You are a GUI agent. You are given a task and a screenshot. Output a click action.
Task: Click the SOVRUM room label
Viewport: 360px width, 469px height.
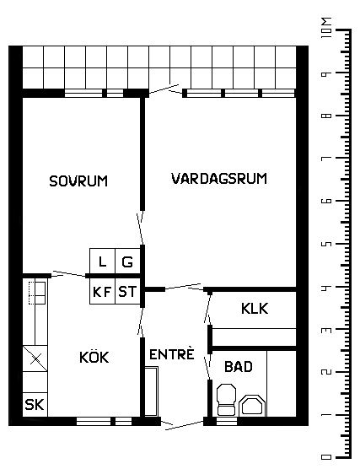coord(78,181)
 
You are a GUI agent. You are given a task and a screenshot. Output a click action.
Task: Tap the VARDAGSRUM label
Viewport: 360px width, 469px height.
coord(219,178)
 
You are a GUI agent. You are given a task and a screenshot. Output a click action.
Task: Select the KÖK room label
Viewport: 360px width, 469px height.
coord(94,356)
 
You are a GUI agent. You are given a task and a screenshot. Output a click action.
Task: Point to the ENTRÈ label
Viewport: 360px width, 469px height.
coord(172,353)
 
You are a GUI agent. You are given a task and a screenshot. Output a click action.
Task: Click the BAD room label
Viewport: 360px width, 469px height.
coord(239,366)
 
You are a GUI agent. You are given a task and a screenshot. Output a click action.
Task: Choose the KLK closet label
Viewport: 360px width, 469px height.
coord(255,309)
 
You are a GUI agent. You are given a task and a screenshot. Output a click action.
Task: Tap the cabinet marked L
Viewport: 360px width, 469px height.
coord(102,261)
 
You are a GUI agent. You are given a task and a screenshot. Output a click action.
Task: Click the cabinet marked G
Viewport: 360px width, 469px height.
coord(127,261)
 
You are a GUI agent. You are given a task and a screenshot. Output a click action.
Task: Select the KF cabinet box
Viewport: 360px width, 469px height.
coord(102,291)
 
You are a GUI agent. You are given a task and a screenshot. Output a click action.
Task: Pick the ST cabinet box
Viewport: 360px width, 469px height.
coord(127,291)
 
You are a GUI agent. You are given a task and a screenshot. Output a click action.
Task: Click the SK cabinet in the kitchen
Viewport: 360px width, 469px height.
coord(35,404)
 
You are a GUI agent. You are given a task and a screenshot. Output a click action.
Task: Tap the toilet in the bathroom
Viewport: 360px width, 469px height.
coord(226,400)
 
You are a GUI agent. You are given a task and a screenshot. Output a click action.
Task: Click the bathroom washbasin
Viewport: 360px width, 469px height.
coord(252,406)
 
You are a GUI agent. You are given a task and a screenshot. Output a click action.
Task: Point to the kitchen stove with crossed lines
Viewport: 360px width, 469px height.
coord(35,358)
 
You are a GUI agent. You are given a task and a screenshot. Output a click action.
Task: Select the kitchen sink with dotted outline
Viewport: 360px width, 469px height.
coord(37,293)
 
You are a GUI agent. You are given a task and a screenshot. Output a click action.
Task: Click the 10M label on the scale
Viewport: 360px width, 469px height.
coord(326,27)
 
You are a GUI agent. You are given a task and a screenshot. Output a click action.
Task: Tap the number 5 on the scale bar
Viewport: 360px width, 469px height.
coord(326,244)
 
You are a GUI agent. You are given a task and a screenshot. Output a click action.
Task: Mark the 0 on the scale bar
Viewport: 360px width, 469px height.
coord(326,457)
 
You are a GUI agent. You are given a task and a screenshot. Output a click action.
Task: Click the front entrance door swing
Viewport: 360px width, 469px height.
coord(183,424)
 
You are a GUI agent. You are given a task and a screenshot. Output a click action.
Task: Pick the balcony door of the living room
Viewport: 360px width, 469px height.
coord(164,89)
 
